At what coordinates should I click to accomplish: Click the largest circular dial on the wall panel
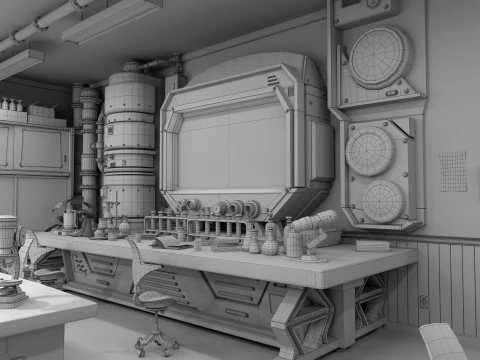[379, 57]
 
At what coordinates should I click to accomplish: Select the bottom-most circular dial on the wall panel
[382, 201]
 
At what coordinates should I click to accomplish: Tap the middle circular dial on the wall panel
[369, 151]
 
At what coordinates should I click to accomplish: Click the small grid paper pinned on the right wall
[453, 171]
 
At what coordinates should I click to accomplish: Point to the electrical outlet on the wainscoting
[423, 300]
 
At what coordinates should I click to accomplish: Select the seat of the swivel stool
[155, 297]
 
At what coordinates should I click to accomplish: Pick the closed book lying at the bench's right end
[372, 245]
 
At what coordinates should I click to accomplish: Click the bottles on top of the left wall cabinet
[12, 104]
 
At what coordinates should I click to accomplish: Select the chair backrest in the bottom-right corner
[442, 341]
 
